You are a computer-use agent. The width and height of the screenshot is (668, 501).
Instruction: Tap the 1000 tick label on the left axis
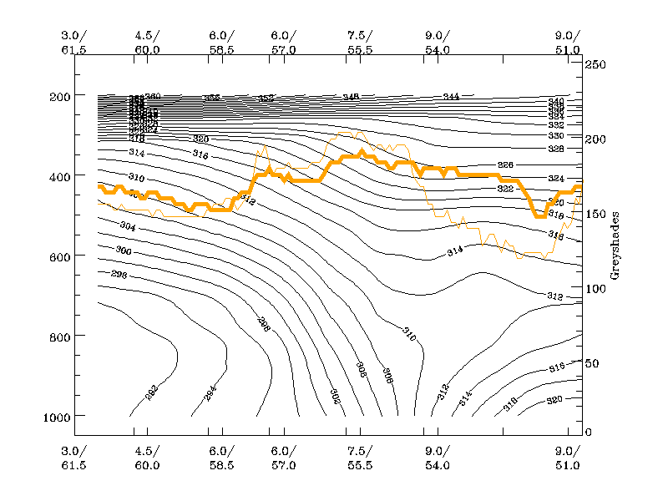click(53, 415)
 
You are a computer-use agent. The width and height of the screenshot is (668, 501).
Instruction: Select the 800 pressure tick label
click(57, 336)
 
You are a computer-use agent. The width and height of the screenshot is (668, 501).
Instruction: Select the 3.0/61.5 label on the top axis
click(74, 43)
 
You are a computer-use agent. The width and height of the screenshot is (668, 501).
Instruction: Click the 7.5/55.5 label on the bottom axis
click(360, 459)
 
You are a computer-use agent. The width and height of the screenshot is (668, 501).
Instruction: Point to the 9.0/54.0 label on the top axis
click(438, 43)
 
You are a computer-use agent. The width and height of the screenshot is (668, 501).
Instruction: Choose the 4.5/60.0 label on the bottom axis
click(147, 459)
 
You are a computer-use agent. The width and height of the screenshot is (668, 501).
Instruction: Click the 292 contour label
click(151, 392)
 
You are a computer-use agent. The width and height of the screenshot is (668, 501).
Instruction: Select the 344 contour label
click(451, 97)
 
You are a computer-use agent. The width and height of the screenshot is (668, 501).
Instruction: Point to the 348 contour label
click(351, 98)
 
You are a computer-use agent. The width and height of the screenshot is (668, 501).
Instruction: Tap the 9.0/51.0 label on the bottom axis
click(568, 459)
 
